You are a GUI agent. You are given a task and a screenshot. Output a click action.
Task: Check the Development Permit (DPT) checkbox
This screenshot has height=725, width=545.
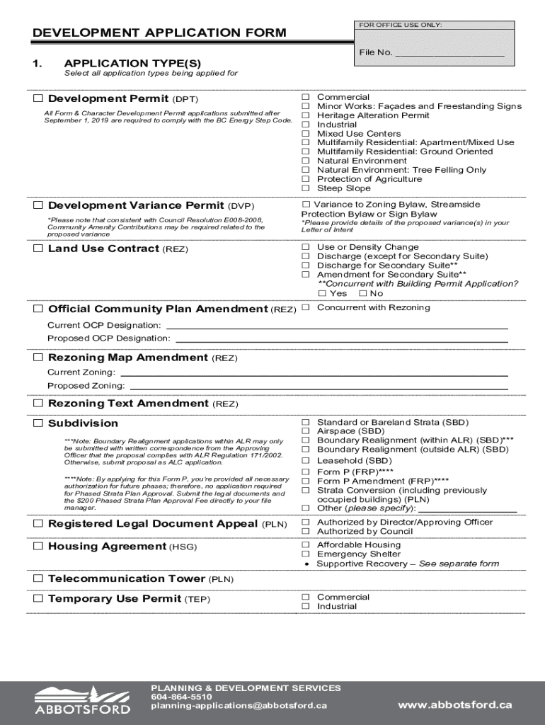point(38,98)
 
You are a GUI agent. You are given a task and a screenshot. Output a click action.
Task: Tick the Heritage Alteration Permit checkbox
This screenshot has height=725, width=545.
point(306,115)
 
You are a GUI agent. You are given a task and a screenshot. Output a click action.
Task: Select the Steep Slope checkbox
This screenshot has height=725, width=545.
point(306,188)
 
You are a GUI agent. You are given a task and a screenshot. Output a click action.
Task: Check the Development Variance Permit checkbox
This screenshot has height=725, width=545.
point(38,206)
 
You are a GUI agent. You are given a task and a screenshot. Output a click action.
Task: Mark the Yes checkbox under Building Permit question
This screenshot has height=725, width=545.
point(323,293)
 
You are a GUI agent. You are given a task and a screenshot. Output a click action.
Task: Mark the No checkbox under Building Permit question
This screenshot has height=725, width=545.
point(362,293)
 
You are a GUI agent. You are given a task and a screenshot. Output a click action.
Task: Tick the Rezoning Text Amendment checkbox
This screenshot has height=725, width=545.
point(38,404)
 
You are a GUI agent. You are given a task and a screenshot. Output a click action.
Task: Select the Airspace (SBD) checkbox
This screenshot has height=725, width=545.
point(306,431)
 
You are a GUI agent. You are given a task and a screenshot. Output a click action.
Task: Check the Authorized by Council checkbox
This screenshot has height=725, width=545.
point(306,532)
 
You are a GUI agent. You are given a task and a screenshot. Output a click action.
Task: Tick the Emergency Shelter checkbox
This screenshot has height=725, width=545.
point(306,554)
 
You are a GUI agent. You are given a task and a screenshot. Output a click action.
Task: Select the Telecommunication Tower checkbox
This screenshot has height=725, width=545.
point(38,579)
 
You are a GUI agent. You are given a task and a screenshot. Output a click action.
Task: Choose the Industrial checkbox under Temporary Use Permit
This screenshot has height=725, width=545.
point(306,607)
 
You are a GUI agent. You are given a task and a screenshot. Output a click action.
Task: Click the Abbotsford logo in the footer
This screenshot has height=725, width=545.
point(83,699)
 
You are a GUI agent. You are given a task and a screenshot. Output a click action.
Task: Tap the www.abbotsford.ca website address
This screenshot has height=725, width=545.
point(454,704)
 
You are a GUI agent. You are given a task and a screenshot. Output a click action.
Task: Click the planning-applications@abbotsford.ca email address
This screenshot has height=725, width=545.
point(239,706)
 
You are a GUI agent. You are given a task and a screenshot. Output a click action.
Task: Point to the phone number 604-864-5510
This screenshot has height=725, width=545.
point(181,697)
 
